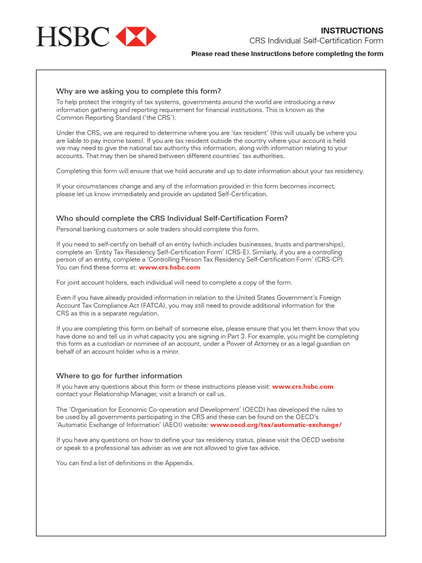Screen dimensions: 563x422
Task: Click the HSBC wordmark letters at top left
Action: pos(73,37)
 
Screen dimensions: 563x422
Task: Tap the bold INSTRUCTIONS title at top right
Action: pos(352,31)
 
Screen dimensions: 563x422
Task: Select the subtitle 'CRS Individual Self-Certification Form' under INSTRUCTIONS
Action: pos(316,41)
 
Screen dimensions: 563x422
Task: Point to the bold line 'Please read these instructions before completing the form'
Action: pos(287,54)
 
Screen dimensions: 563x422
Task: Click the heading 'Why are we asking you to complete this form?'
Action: pos(138,91)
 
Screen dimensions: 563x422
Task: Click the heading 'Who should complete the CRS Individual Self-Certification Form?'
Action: pos(171,218)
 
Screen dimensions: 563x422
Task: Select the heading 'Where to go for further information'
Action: pos(119,376)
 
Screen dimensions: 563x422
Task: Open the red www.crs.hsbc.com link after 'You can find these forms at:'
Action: pos(169,268)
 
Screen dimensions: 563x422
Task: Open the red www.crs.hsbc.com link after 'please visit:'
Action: pos(303,387)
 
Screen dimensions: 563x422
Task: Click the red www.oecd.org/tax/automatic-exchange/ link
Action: pos(276,425)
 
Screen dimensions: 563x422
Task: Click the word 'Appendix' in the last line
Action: pos(180,463)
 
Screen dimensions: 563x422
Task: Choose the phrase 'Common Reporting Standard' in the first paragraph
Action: pos(99,118)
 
